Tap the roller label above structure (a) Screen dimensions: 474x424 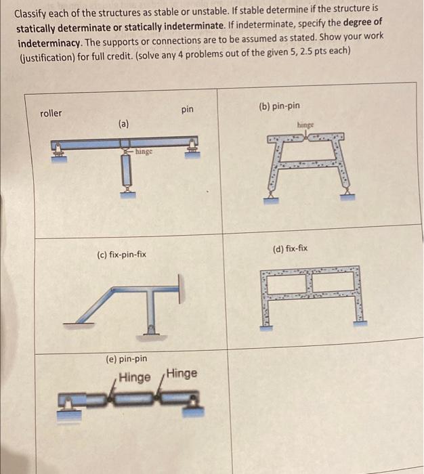coord(51,113)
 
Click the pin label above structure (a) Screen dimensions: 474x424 coord(188,109)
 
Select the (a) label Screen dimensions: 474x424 coord(123,124)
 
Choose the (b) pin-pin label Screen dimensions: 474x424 coord(279,106)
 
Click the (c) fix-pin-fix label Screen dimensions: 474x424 coord(122,255)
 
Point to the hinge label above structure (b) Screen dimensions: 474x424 coord(306,125)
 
